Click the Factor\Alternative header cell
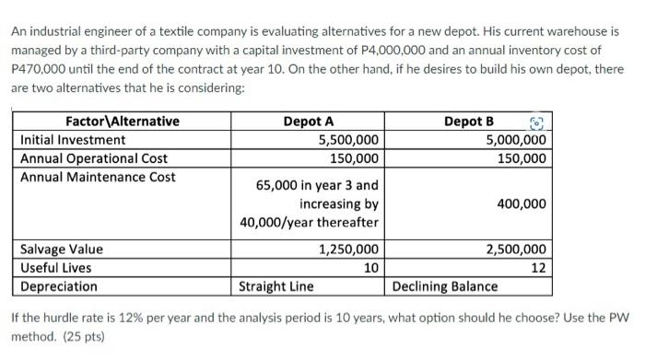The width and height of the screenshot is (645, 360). click(x=122, y=122)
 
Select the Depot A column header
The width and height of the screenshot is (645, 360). click(x=309, y=122)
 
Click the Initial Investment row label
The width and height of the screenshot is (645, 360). click(x=73, y=140)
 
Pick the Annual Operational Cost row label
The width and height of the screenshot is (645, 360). click(x=94, y=158)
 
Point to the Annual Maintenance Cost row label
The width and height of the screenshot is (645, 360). click(x=98, y=177)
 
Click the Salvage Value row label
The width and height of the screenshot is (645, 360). click(x=62, y=250)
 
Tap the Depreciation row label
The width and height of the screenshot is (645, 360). click(x=59, y=286)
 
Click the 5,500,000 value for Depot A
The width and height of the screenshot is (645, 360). click(x=347, y=140)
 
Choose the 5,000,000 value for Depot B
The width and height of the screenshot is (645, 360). click(x=516, y=140)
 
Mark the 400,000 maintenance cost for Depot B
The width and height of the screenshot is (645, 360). click(x=522, y=203)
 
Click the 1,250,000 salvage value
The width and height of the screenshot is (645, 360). click(x=347, y=250)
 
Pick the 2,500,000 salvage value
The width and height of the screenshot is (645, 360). click(x=516, y=250)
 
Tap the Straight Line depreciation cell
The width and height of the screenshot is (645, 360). click(x=276, y=286)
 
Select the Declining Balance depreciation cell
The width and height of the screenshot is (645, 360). click(x=445, y=286)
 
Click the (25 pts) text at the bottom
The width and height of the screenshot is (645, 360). click(x=81, y=339)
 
